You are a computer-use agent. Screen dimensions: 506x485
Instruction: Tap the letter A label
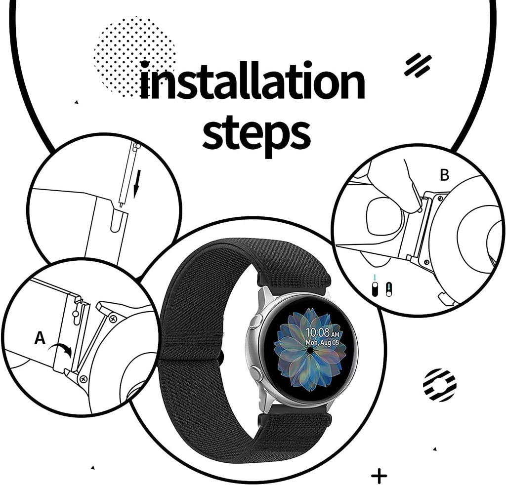pyautogui.click(x=40, y=338)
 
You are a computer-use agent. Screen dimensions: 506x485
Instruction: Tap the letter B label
pyautogui.click(x=445, y=175)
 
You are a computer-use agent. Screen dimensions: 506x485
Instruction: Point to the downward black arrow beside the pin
pyautogui.click(x=137, y=185)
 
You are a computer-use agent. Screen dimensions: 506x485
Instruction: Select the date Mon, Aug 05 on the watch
pyautogui.click(x=322, y=342)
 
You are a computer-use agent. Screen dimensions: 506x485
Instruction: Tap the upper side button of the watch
pyautogui.click(x=256, y=321)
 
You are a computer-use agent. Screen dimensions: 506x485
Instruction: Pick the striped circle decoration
pyautogui.click(x=439, y=385)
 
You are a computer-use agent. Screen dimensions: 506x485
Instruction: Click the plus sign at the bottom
pyautogui.click(x=379, y=475)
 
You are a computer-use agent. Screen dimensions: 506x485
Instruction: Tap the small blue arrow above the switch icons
pyautogui.click(x=375, y=278)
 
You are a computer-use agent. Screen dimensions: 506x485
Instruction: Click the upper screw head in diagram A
pyautogui.click(x=113, y=319)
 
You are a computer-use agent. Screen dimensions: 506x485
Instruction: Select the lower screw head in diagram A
pyautogui.click(x=83, y=378)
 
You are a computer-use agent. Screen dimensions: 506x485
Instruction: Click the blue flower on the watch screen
pyautogui.click(x=309, y=349)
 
